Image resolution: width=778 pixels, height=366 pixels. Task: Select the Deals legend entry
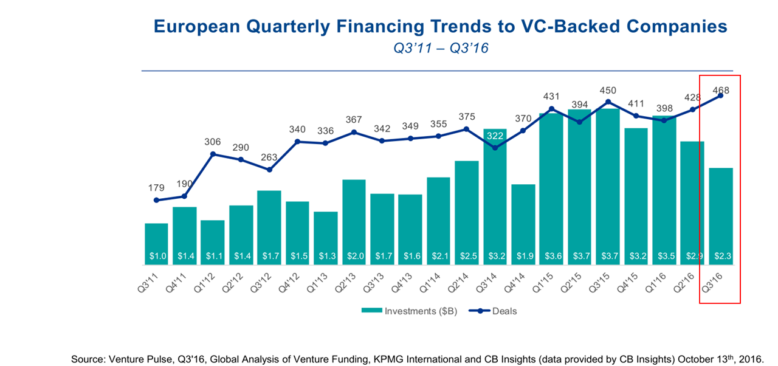pyautogui.click(x=504, y=311)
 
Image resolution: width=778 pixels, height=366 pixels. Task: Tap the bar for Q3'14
pyautogui.click(x=495, y=201)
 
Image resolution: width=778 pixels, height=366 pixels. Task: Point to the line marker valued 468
pyautogui.click(x=720, y=95)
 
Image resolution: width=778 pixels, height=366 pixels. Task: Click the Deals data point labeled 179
pyautogui.click(x=156, y=200)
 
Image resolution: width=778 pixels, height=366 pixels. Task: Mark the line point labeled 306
pyautogui.click(x=213, y=154)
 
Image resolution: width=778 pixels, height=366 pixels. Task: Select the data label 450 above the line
pyautogui.click(x=607, y=91)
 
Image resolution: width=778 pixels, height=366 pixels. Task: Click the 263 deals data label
pyautogui.click(x=269, y=158)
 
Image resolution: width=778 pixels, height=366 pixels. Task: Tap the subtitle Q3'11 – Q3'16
pyautogui.click(x=441, y=49)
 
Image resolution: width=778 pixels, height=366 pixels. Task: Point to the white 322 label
pyautogui.click(x=495, y=137)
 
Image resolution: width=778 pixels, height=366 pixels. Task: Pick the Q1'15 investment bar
pyautogui.click(x=551, y=188)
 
